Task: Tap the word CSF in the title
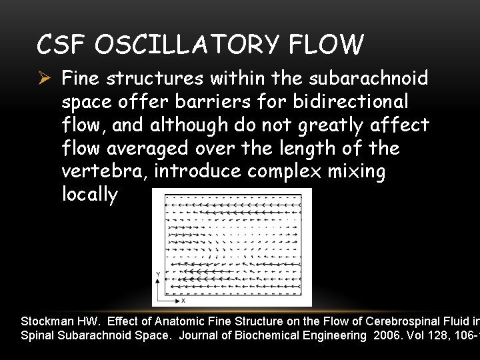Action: coord(63,44)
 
